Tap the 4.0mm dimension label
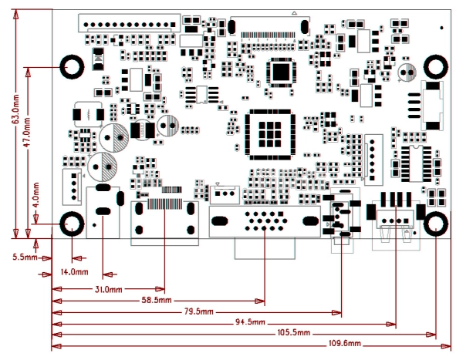[x=36, y=190]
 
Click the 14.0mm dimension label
[x=73, y=272]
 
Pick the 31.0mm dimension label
[x=108, y=289]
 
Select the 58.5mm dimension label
[x=156, y=300]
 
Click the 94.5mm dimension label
[x=250, y=322]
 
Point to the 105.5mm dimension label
[x=294, y=333]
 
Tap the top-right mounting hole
[x=436, y=66]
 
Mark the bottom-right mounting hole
[x=436, y=225]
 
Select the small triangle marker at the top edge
[x=294, y=14]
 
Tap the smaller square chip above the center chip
[x=279, y=71]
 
